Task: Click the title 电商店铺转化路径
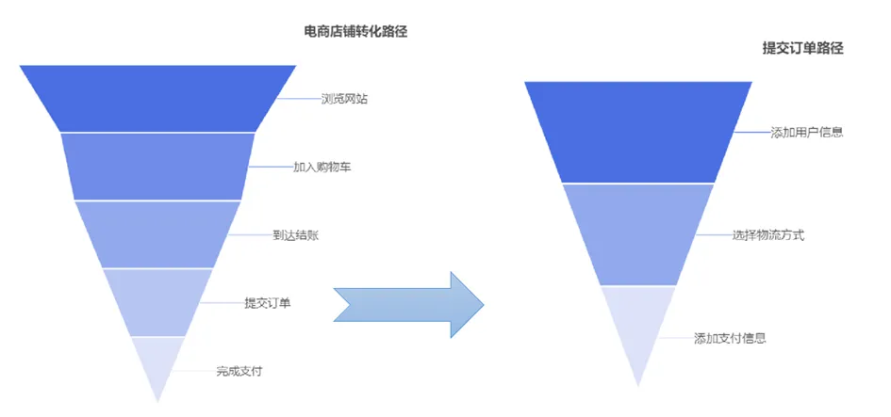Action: [x=361, y=31]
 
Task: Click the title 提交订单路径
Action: [x=801, y=47]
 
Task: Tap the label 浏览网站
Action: [x=344, y=98]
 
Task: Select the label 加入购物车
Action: [x=316, y=167]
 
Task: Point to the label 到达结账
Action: [x=295, y=235]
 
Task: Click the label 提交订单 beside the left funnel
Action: [x=268, y=303]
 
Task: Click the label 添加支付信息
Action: [x=730, y=337]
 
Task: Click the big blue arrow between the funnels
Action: [x=410, y=304]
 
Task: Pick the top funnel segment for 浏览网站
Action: [x=157, y=98]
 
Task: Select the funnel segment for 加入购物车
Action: [x=157, y=167]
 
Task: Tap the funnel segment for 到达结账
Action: [x=157, y=234]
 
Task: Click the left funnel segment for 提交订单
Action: [x=157, y=302]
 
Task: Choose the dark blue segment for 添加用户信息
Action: [x=638, y=132]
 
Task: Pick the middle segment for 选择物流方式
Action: [x=638, y=233]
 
